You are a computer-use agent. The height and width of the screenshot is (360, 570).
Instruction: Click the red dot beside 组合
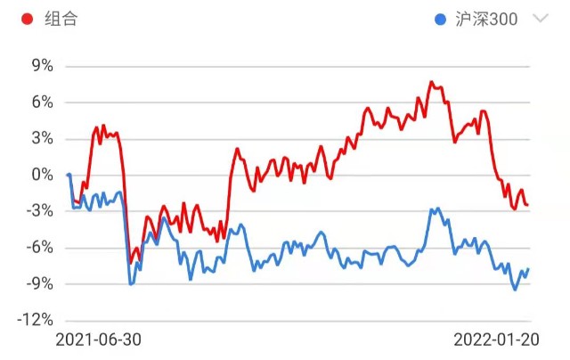(28, 19)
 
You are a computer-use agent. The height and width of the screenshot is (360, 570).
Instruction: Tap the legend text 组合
(61, 19)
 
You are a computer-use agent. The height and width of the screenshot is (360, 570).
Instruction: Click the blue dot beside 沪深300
(441, 19)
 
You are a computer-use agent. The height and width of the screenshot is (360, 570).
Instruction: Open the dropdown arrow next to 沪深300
(539, 19)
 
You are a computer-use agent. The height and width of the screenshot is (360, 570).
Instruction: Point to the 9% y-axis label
(42, 66)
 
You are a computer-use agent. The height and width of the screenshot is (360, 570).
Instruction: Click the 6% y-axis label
(42, 102)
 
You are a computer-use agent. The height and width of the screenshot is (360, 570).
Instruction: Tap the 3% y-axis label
(42, 139)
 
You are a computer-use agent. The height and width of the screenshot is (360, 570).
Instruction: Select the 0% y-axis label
(42, 175)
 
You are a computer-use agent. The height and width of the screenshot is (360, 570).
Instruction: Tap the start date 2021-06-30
(98, 340)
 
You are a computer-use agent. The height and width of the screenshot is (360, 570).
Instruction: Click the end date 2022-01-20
(496, 340)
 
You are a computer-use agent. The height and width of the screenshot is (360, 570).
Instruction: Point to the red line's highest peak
(431, 82)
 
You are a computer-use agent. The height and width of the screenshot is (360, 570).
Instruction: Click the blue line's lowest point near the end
(515, 290)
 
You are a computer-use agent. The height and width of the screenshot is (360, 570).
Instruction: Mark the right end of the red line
(528, 205)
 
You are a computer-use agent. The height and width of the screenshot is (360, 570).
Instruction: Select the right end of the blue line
(528, 269)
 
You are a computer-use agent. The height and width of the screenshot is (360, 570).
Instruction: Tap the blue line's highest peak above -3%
(437, 208)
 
